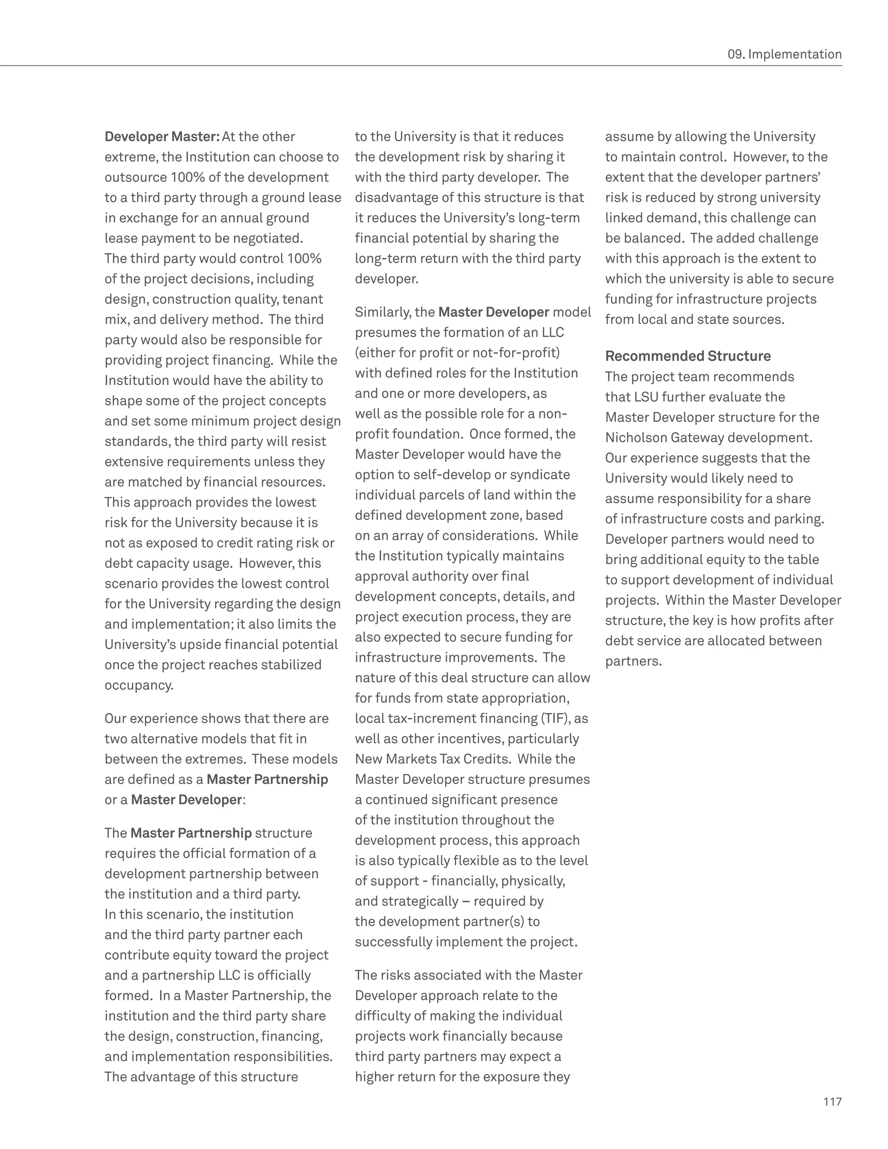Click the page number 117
click(832, 1102)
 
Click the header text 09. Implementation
click(784, 54)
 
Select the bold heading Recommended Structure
click(688, 356)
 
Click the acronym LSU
click(646, 397)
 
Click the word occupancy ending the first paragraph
click(138, 685)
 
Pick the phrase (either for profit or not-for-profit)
click(457, 353)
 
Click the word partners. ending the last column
click(633, 661)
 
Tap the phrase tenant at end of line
click(305, 299)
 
